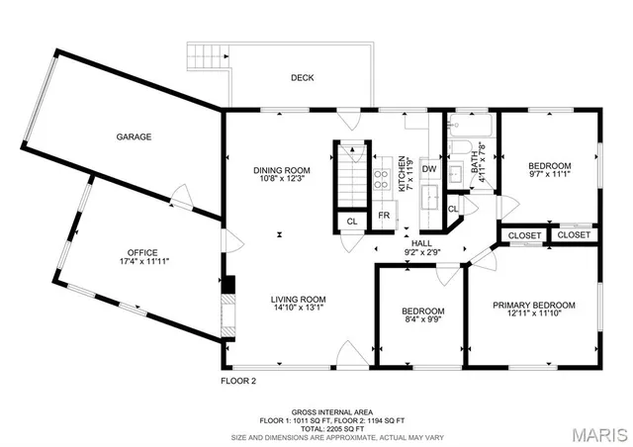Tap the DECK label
coord(303,78)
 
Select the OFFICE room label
coord(141,252)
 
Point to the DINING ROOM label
coord(282,169)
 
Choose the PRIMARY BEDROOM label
coord(533,306)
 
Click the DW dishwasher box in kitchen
coord(429,170)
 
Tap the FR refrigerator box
coord(384,216)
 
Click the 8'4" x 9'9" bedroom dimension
coord(415,319)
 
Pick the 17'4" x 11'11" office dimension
coord(141,262)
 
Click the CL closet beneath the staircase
coord(351,222)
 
